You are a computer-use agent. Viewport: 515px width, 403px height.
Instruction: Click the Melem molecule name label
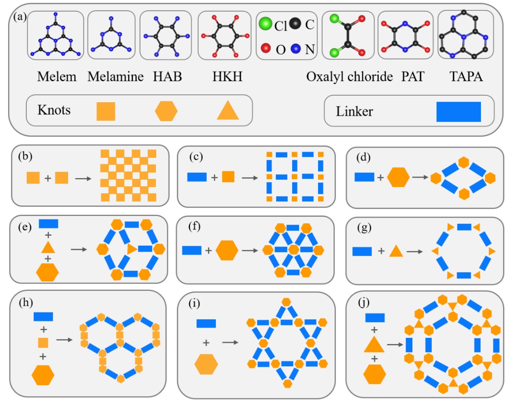(x=56, y=77)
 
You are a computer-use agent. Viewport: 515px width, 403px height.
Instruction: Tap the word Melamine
(x=115, y=77)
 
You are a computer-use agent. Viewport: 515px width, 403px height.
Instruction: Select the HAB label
(x=167, y=77)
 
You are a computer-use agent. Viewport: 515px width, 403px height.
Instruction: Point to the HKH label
(x=227, y=77)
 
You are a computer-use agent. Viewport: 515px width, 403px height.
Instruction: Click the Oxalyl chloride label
(x=350, y=77)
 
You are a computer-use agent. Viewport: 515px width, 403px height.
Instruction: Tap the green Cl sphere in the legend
(x=265, y=25)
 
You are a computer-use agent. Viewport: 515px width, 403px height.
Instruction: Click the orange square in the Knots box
(x=106, y=111)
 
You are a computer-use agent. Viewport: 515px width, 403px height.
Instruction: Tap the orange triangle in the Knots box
(x=228, y=112)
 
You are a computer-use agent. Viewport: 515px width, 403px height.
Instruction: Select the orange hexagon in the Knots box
(x=166, y=111)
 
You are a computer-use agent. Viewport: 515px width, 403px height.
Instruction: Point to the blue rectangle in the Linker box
(x=458, y=112)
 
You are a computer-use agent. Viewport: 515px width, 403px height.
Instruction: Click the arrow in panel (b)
(x=83, y=178)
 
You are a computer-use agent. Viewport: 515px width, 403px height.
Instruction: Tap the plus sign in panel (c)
(x=214, y=177)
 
